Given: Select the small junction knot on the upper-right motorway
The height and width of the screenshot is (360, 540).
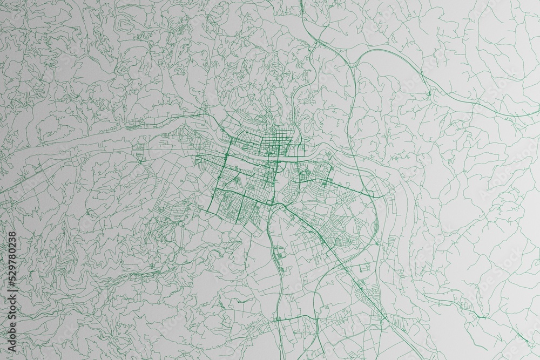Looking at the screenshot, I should [x=429, y=94].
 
